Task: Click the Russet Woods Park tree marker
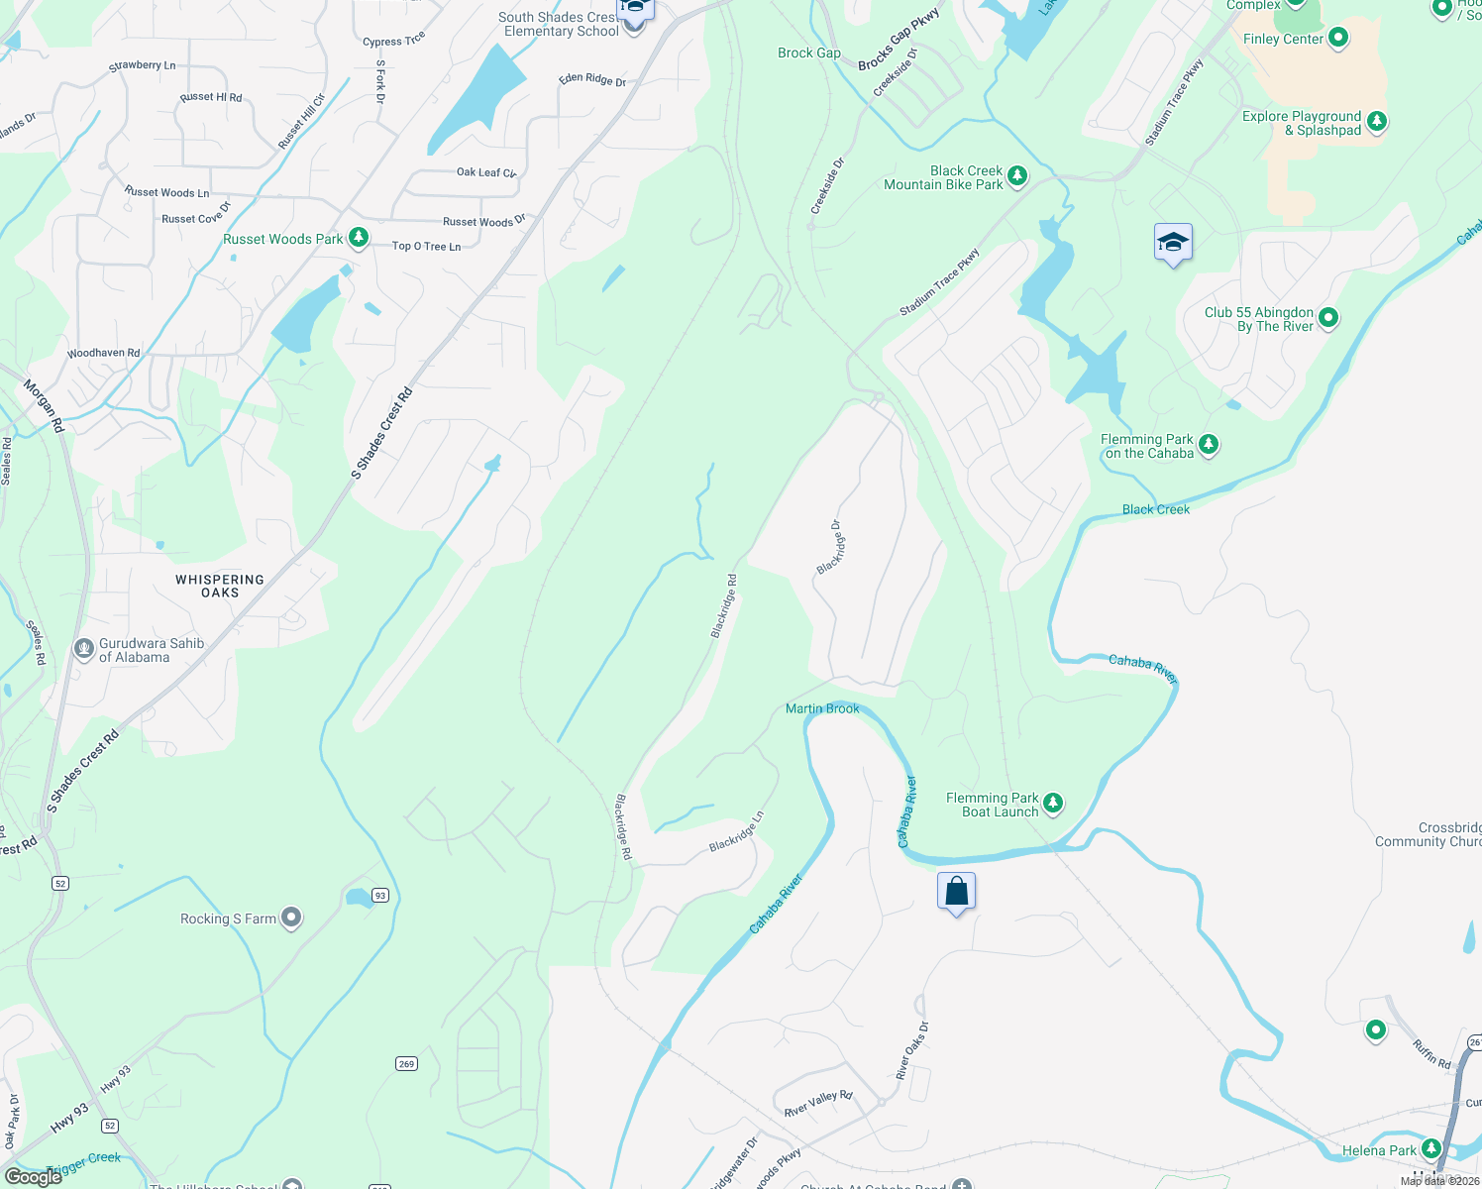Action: pyautogui.click(x=359, y=238)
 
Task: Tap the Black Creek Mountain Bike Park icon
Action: pyautogui.click(x=1017, y=177)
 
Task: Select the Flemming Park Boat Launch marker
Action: pyautogui.click(x=1053, y=804)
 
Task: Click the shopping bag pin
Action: pyautogui.click(x=956, y=891)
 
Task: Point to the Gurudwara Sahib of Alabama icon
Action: pyautogui.click(x=84, y=650)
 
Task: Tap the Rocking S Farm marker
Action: pyautogui.click(x=291, y=919)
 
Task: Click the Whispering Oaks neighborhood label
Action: pyautogui.click(x=220, y=586)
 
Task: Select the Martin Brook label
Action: pyautogui.click(x=822, y=708)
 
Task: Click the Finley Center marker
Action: pyautogui.click(x=1338, y=39)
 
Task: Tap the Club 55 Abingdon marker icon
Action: pyautogui.click(x=1328, y=318)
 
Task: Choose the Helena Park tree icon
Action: pyautogui.click(x=1430, y=1149)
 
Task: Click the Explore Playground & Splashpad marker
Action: pyautogui.click(x=1376, y=122)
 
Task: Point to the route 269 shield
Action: pyautogui.click(x=406, y=1063)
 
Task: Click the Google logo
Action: pyautogui.click(x=33, y=1176)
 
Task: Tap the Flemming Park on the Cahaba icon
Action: pyautogui.click(x=1208, y=445)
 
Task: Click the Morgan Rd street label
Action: pyautogui.click(x=45, y=406)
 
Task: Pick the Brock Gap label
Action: pyautogui.click(x=808, y=54)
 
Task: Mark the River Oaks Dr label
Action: pyautogui.click(x=912, y=1050)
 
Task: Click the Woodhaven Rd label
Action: pyautogui.click(x=103, y=353)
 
